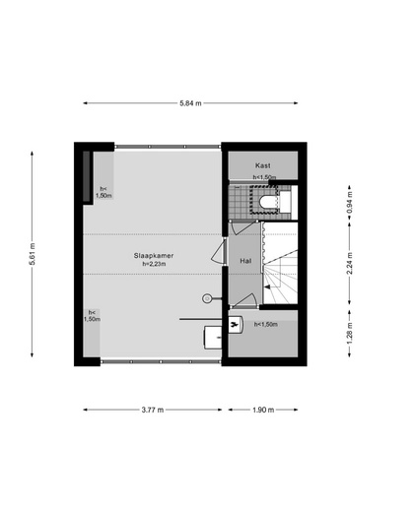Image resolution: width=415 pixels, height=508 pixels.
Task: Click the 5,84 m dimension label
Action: click(x=190, y=103)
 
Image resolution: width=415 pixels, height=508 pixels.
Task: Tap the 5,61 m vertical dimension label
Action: click(x=32, y=254)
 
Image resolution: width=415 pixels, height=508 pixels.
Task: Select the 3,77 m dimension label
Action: click(x=153, y=410)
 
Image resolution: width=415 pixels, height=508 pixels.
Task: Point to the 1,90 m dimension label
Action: click(x=263, y=410)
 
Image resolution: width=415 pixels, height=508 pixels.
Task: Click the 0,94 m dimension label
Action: click(x=349, y=203)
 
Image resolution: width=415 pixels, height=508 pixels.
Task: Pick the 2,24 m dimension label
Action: click(x=349, y=264)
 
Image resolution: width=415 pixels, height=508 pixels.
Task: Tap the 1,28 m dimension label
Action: click(x=349, y=334)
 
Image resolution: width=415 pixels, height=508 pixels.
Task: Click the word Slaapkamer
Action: click(x=154, y=255)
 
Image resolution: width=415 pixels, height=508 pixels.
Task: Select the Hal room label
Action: click(x=245, y=261)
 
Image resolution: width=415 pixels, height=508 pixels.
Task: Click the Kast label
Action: click(x=263, y=165)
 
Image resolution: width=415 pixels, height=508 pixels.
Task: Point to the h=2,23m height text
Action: click(x=154, y=264)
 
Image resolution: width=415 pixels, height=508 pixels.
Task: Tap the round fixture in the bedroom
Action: click(x=207, y=298)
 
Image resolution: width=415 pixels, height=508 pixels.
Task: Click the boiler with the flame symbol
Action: click(x=236, y=325)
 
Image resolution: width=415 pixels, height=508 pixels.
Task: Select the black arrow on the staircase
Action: click(x=267, y=286)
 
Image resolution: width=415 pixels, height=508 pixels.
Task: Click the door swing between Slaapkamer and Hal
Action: click(x=219, y=251)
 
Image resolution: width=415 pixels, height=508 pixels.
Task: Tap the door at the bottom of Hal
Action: click(x=243, y=300)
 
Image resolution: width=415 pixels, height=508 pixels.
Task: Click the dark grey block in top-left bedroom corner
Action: click(x=87, y=176)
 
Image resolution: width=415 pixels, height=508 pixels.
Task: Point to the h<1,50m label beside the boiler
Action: click(x=266, y=324)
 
